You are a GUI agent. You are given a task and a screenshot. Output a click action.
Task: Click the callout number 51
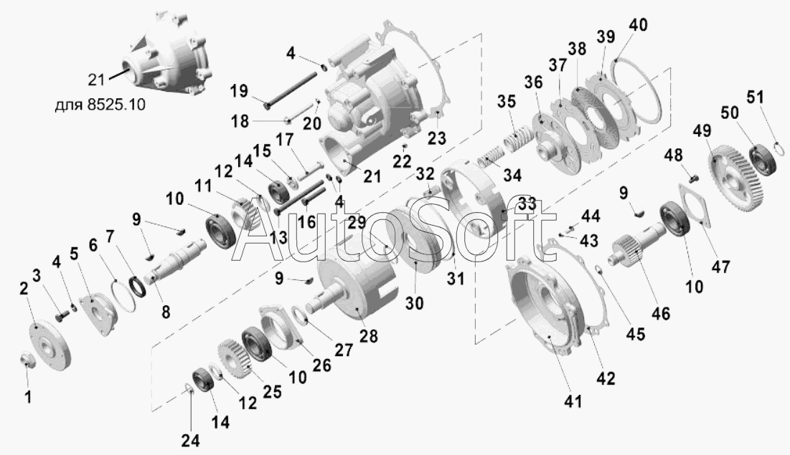tap(756, 97)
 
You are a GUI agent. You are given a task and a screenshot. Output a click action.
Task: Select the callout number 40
tap(638, 25)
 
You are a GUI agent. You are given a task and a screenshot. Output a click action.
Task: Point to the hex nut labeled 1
tap(27, 359)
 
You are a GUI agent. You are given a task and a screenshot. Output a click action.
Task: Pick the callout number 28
tap(368, 336)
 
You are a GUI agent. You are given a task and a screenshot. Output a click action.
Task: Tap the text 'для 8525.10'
tap(100, 105)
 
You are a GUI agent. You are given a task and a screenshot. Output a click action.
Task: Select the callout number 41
tap(573, 401)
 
